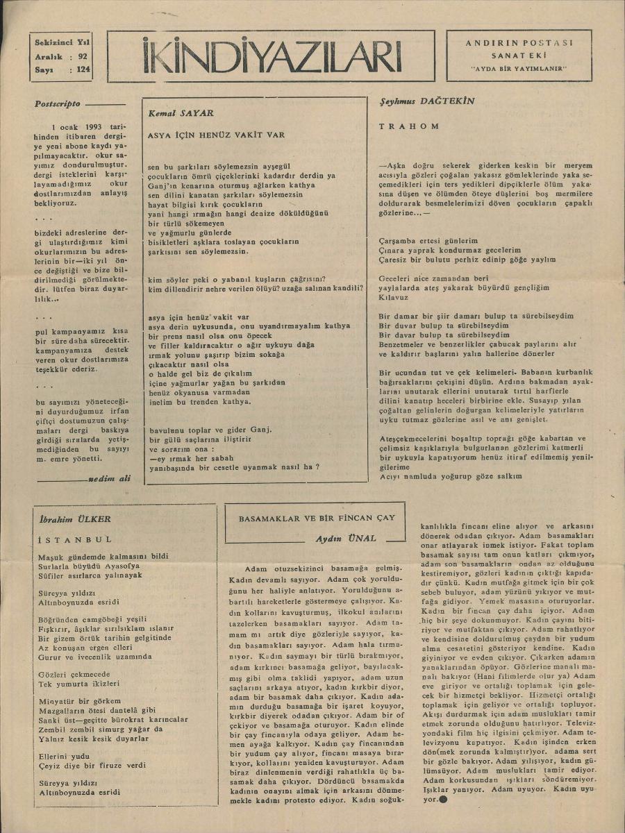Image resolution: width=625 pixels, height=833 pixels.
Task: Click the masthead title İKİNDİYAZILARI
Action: (272, 56)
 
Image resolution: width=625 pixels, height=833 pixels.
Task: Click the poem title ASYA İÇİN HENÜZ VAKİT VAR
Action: (216, 135)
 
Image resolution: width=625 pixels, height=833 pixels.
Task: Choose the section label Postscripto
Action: (58, 104)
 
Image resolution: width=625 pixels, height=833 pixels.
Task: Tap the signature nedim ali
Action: (109, 479)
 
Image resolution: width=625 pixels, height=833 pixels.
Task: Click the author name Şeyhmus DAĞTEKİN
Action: (427, 101)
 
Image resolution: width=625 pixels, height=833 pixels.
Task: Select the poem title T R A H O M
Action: (409, 126)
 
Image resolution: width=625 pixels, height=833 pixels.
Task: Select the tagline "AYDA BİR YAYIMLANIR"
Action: (519, 68)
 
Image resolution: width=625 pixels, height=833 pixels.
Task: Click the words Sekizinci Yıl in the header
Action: (62, 43)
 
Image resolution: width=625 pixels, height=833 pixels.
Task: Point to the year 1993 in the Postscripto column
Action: (90, 127)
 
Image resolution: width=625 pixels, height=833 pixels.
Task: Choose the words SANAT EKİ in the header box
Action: (519, 55)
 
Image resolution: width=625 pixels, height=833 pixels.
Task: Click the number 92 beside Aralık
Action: (83, 56)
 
